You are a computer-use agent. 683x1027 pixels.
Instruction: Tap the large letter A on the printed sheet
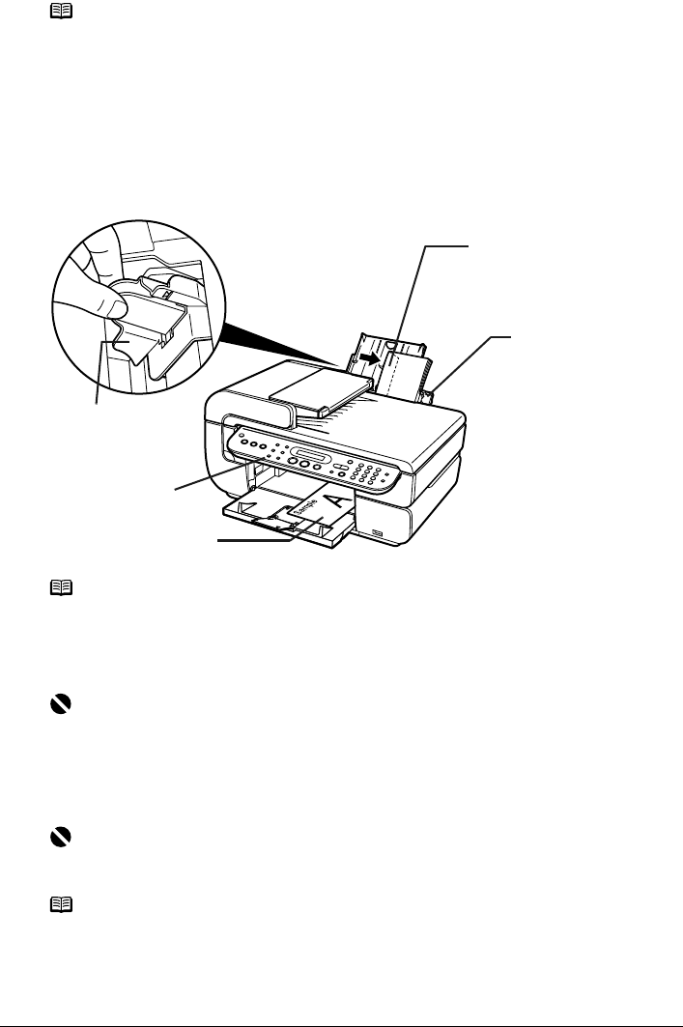coord(333,500)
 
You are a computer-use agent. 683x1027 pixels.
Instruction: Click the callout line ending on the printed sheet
coord(256,541)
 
